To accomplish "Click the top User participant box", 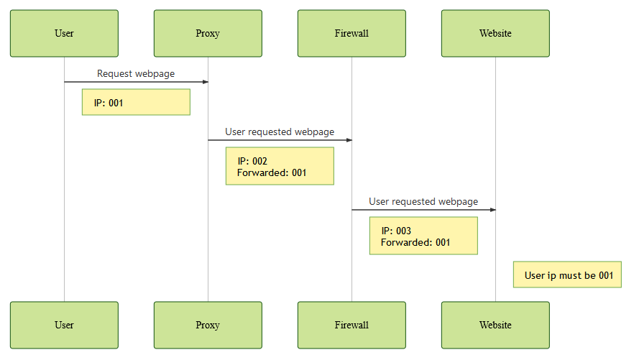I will [64, 33].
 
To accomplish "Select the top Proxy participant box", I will [208, 33].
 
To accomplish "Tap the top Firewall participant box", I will [352, 33].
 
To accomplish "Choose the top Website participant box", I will [495, 33].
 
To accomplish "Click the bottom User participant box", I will [64, 325].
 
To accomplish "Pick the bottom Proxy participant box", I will [208, 325].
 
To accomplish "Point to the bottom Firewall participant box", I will [352, 325].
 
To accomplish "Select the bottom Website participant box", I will [495, 325].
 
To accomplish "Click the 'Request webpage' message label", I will [136, 73].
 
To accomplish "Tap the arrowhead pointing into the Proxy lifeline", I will [205, 82].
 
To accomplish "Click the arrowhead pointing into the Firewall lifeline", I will [349, 140].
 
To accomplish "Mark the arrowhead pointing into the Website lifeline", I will [492, 210].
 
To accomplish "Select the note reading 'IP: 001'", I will [136, 102].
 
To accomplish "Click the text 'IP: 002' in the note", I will [252, 161].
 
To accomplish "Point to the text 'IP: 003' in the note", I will [396, 231].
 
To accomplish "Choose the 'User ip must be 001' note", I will [567, 274].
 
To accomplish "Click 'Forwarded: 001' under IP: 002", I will [272, 172].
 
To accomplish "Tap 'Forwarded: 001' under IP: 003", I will [415, 242].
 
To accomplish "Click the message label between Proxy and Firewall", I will [280, 131].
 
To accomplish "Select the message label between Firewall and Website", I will [423, 201].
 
